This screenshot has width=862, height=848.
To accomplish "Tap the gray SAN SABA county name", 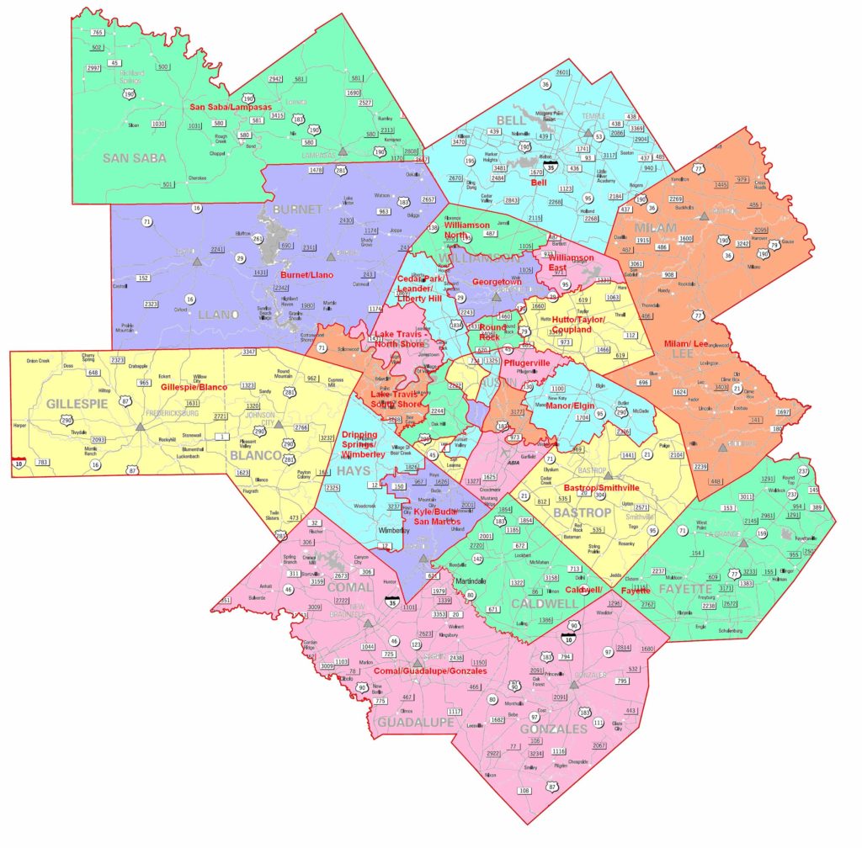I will [x=136, y=157].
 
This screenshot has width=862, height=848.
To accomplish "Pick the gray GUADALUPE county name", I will [x=414, y=722].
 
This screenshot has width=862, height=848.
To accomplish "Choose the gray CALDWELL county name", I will [x=529, y=603].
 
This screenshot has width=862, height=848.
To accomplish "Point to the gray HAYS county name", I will [x=354, y=471].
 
